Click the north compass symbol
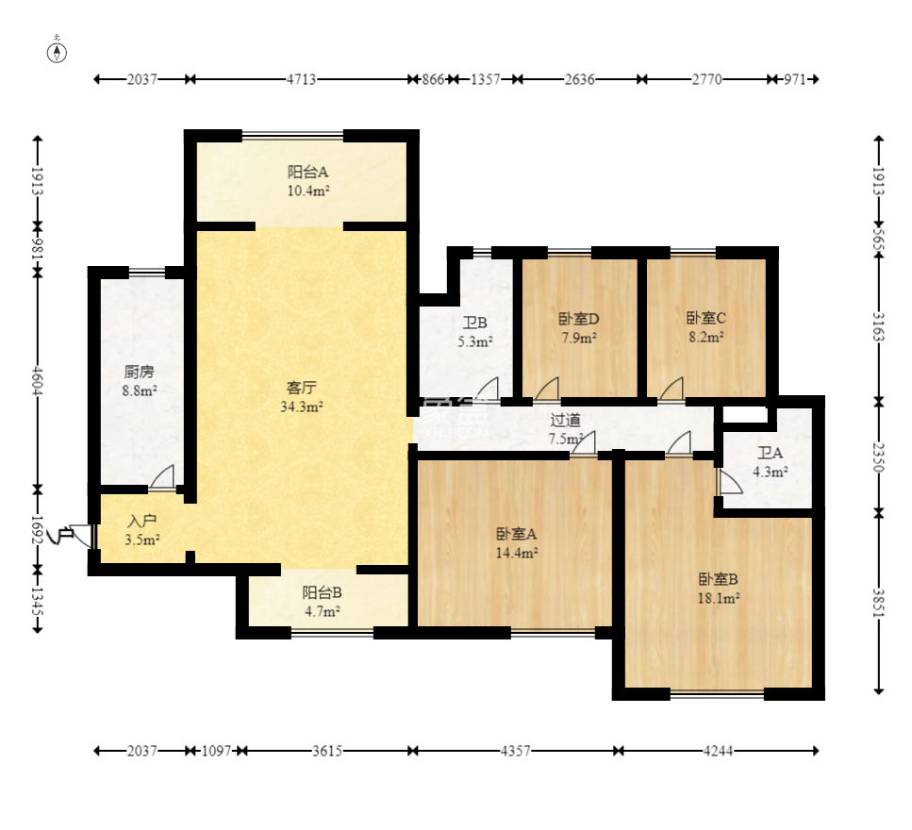tap(57, 53)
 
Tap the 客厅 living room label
tap(301, 388)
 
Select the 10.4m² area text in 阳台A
tap(308, 191)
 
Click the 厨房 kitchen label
tap(139, 372)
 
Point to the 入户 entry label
tap(141, 522)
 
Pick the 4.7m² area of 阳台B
tap(323, 611)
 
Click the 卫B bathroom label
tap(474, 323)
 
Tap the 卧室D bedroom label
tap(579, 319)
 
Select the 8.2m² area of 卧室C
tap(706, 337)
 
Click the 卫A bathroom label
tap(771, 453)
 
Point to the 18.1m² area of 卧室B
tap(719, 598)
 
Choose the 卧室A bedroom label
tap(517, 533)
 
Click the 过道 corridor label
tap(565, 420)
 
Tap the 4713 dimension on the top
tap(301, 79)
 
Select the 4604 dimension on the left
tap(37, 380)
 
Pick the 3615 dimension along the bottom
tap(327, 751)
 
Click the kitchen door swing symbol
tap(162, 477)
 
